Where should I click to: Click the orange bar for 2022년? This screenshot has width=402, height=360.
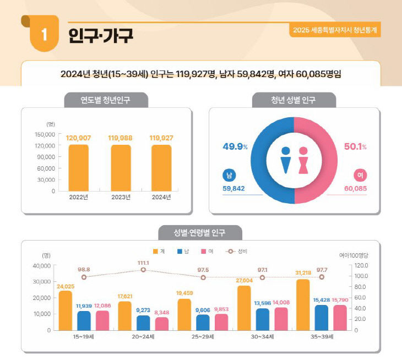(78, 167)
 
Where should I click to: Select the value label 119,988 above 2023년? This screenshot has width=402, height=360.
(120, 138)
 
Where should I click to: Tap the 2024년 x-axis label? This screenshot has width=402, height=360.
(161, 197)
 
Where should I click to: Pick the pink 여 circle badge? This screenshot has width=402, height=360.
(360, 175)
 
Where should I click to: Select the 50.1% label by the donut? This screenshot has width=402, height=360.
(355, 147)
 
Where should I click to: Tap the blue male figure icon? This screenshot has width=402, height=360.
(285, 160)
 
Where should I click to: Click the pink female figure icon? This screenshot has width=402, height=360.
(302, 160)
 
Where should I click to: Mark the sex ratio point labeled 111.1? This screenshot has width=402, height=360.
(143, 270)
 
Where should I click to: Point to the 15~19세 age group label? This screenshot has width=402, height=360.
(84, 336)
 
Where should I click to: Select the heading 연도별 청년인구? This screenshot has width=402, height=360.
(106, 101)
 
